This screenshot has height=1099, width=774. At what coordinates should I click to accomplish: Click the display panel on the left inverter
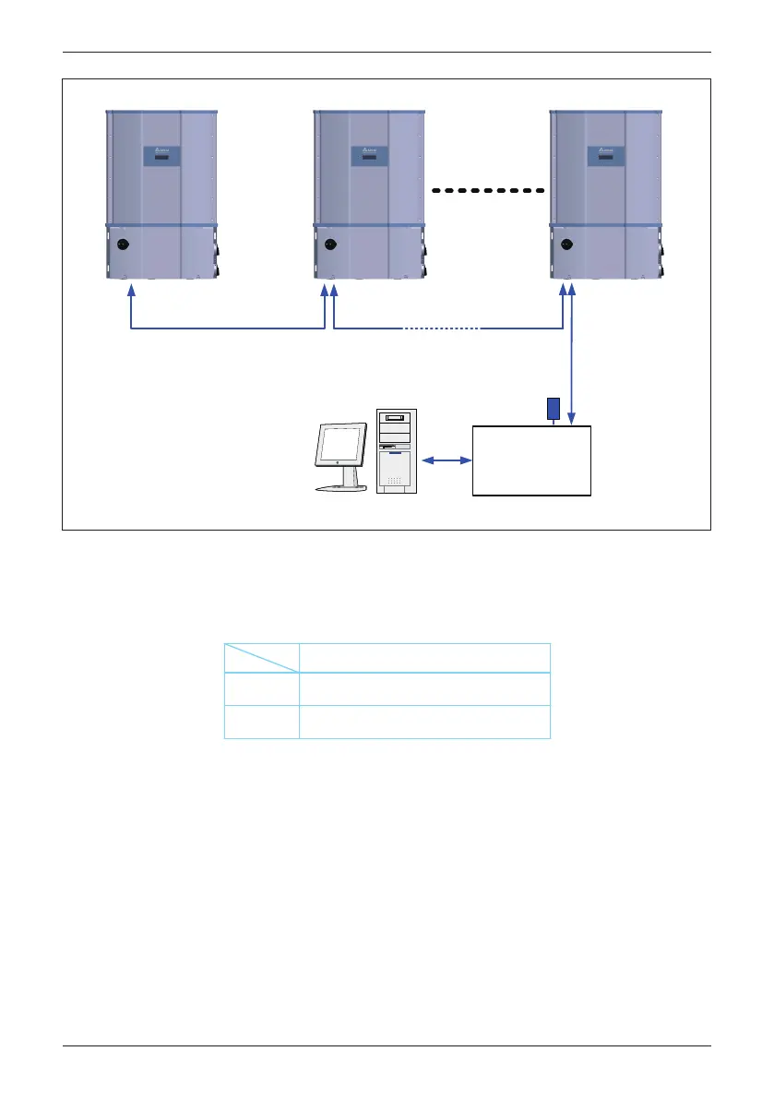162,156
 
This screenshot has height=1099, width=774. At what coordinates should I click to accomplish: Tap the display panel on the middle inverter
371,156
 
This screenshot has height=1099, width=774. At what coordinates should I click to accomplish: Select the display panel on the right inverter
605,156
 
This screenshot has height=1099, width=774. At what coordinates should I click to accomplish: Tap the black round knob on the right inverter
566,245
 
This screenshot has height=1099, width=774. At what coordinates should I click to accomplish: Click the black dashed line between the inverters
488,190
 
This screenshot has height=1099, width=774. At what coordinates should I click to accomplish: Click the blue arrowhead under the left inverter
131,290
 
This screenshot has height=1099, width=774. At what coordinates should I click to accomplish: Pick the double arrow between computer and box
445,459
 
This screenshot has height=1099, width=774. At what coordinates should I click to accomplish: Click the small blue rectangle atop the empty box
554,408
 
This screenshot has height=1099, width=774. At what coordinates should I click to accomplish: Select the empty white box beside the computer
531,461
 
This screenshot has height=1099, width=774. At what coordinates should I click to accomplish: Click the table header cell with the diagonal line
262,657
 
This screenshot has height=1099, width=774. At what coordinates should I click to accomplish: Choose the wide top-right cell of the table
424,657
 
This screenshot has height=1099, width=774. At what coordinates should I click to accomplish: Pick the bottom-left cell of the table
262,723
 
